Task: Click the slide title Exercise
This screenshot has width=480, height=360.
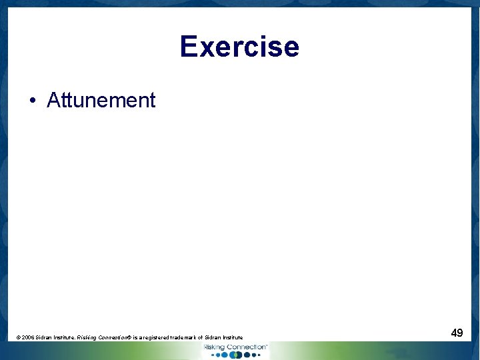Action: (239, 47)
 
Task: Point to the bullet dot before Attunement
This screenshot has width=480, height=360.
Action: (32, 101)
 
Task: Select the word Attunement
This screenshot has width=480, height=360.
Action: (101, 100)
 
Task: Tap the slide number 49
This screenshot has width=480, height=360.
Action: (457, 332)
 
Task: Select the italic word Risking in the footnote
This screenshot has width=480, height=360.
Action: (87, 338)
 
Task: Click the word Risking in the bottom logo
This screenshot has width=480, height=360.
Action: (215, 347)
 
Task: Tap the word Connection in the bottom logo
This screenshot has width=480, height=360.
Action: (246, 347)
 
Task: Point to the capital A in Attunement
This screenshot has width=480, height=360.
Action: (53, 100)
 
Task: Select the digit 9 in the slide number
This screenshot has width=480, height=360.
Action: (460, 332)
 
